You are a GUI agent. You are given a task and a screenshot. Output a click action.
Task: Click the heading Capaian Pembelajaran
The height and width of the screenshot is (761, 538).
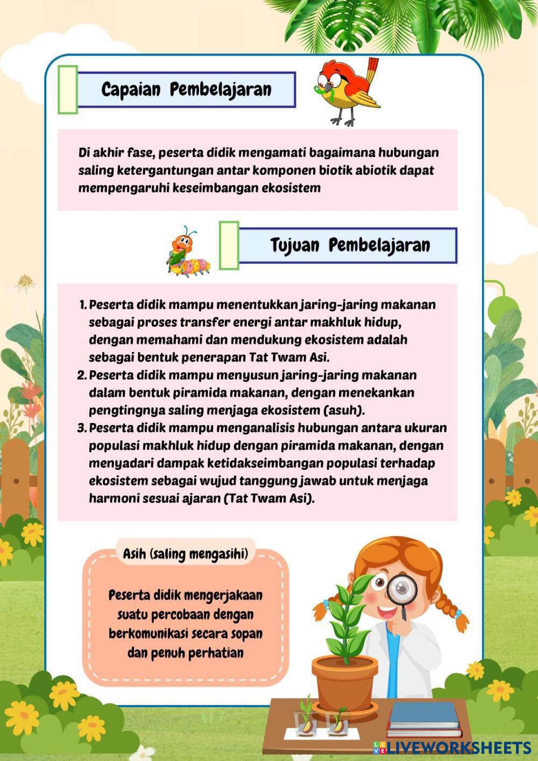click(186, 89)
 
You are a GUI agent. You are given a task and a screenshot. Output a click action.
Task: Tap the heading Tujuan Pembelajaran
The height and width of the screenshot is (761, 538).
click(350, 245)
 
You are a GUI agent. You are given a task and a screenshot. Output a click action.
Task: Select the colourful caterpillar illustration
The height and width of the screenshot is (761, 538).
click(187, 252)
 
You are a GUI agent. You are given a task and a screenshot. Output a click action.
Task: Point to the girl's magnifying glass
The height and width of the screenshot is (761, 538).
click(402, 591)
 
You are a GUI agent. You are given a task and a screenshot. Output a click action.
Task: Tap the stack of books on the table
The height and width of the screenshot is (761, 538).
click(424, 720)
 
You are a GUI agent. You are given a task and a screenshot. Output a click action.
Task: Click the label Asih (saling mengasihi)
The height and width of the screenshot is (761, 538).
click(186, 553)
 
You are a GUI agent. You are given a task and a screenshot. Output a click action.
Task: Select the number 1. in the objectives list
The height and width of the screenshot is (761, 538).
click(83, 305)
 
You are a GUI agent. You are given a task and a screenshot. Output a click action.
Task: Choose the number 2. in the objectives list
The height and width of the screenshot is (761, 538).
click(82, 375)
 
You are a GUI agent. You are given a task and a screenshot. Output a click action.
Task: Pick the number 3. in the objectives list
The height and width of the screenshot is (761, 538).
click(82, 428)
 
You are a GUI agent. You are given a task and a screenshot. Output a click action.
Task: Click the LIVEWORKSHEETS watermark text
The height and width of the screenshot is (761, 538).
click(458, 746)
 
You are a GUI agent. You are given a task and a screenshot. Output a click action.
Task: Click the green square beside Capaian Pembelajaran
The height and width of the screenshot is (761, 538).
click(68, 89)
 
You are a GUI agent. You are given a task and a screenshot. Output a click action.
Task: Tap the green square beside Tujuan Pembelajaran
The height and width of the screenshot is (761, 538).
click(229, 245)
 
